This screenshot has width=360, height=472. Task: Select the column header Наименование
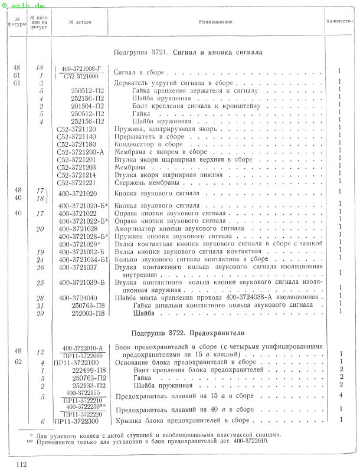pyautogui.click(x=215, y=22)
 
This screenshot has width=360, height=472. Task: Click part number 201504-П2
pyautogui.click(x=87, y=106)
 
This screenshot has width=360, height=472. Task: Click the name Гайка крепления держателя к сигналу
pyautogui.click(x=195, y=91)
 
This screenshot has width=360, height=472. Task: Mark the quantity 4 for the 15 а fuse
pyautogui.click(x=341, y=395)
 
